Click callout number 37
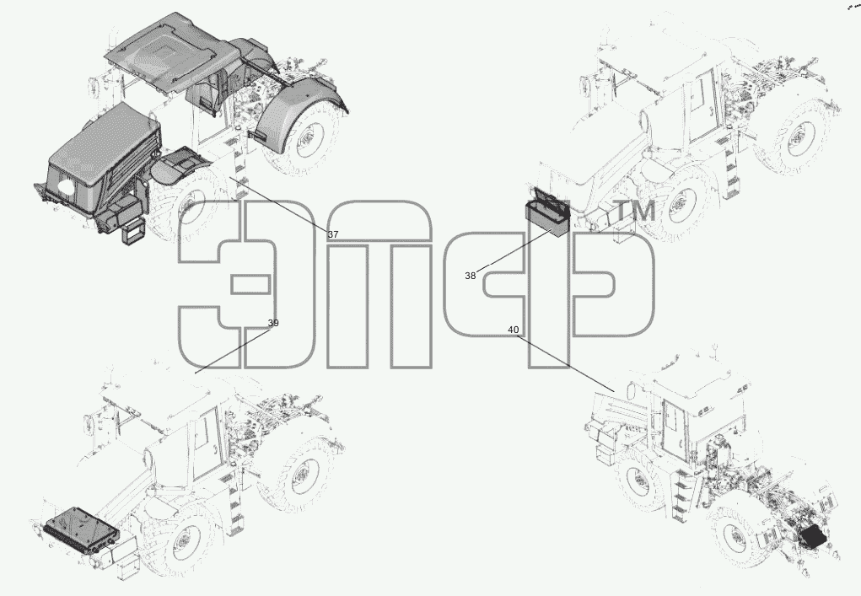[333, 234]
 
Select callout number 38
[470, 276]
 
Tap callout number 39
[273, 323]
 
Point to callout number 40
[513, 330]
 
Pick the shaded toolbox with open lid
[547, 212]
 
